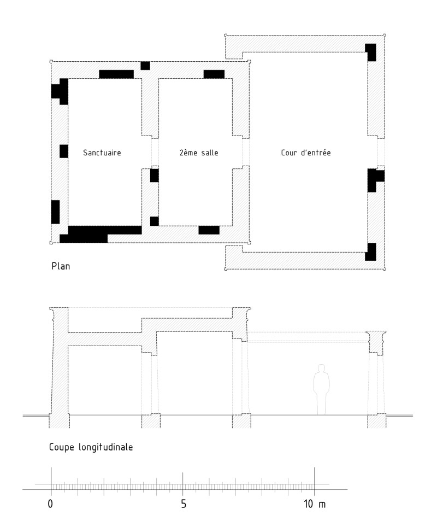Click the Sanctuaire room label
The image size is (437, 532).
pyautogui.click(x=102, y=153)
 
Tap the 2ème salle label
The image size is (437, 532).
pyautogui.click(x=199, y=153)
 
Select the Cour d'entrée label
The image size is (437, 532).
pyautogui.click(x=306, y=153)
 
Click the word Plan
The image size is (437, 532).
pyautogui.click(x=61, y=266)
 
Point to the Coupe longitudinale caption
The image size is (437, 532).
pyautogui.click(x=91, y=447)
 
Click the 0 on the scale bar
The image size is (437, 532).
pyautogui.click(x=50, y=504)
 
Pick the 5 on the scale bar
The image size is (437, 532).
pyautogui.click(x=184, y=504)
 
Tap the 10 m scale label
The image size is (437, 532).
pyautogui.click(x=315, y=504)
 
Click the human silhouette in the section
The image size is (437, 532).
pyautogui.click(x=321, y=389)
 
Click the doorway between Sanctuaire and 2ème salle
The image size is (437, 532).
pyautogui.click(x=155, y=152)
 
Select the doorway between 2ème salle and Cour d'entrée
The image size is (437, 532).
pyautogui.click(x=246, y=152)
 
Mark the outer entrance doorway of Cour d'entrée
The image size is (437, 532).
pyautogui.click(x=381, y=152)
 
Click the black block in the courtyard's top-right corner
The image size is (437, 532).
pyautogui.click(x=370, y=52)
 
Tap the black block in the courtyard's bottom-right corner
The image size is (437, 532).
pyautogui.click(x=370, y=252)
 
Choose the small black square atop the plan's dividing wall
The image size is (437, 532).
pyautogui.click(x=145, y=66)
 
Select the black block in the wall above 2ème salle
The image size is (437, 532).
pyautogui.click(x=214, y=74)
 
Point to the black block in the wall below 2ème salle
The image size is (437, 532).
pyautogui.click(x=209, y=230)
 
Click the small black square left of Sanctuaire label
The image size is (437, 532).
pyautogui.click(x=64, y=151)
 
